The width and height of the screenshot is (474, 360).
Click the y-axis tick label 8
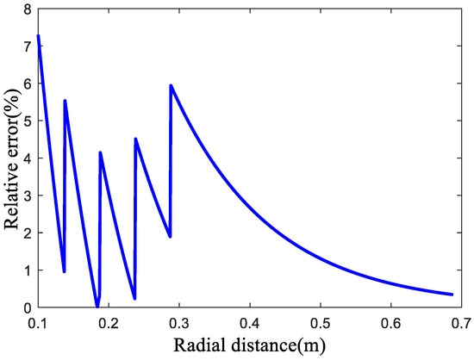(x=28, y=9)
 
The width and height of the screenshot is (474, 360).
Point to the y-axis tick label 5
(x=28, y=121)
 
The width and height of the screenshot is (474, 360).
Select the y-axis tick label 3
(x=28, y=196)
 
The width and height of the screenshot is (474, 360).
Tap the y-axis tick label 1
(x=28, y=270)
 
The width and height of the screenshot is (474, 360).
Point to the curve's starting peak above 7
(x=38, y=36)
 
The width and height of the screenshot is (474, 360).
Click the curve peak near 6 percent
(x=171, y=85)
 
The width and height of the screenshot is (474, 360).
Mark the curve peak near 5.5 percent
(x=65, y=101)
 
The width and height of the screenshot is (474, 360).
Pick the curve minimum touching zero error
(x=97, y=306)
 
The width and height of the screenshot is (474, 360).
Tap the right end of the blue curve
(x=452, y=295)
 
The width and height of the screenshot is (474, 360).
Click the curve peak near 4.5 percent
(x=136, y=139)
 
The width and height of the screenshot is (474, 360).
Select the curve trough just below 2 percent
(x=170, y=236)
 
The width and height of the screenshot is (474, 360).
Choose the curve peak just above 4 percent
(x=101, y=152)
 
